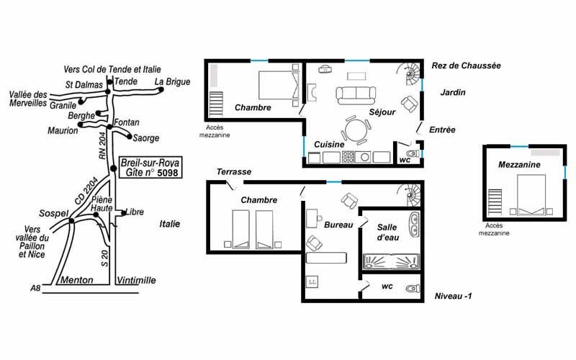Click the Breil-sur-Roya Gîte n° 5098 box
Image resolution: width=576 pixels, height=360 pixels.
(x=150, y=168)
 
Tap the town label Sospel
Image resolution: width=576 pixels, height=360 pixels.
(x=53, y=213)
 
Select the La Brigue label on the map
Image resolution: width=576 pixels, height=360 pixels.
(x=172, y=81)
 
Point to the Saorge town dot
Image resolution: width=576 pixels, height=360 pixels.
(x=130, y=137)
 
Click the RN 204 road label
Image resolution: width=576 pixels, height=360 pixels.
(x=103, y=145)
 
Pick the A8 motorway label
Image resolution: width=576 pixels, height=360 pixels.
(x=35, y=288)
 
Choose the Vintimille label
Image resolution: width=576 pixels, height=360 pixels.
(x=136, y=280)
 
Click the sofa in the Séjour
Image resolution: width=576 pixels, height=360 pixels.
(x=356, y=95)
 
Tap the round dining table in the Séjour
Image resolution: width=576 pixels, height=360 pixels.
(x=355, y=130)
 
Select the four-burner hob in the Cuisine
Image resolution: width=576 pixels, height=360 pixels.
(x=348, y=157)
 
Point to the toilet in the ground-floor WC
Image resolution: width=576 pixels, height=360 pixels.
(x=412, y=153)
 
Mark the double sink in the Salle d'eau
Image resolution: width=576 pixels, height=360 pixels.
(x=414, y=225)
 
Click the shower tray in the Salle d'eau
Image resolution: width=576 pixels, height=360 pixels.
(x=391, y=261)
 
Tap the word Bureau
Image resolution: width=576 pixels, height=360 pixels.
(x=338, y=225)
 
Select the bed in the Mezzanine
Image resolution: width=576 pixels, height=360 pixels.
(x=531, y=194)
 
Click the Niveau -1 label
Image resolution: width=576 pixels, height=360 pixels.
(x=453, y=296)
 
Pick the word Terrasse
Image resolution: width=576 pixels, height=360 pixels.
(x=234, y=171)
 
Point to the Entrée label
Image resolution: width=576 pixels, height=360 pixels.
(x=442, y=130)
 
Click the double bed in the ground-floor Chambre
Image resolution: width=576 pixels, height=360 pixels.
(x=279, y=85)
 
